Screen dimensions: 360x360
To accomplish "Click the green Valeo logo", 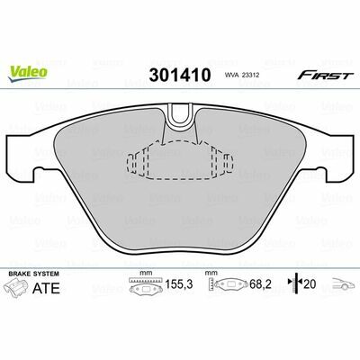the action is (x=28, y=73).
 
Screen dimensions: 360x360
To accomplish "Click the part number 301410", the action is (x=180, y=75).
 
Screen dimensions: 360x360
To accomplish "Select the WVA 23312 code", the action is (x=242, y=76).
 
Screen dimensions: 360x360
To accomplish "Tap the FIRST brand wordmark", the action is (x=326, y=76).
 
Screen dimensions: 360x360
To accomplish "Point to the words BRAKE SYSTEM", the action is (x=34, y=274).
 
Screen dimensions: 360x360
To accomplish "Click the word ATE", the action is (x=46, y=288).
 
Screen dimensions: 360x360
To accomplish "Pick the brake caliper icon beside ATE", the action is (x=17, y=287).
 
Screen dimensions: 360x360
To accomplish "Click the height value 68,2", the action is (x=260, y=283).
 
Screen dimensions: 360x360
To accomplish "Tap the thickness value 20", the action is (x=310, y=283).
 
